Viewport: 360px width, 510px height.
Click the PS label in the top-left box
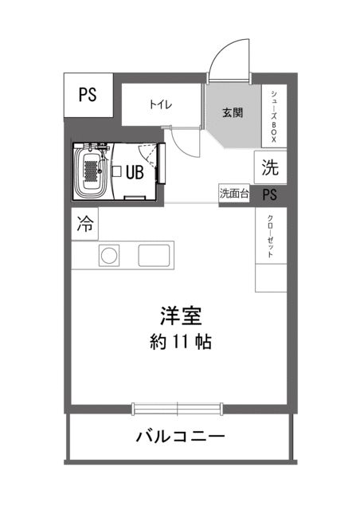click(87, 94)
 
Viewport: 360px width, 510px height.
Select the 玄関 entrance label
click(233, 112)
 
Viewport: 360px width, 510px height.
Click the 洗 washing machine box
click(270, 168)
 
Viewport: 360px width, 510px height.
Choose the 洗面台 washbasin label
click(234, 194)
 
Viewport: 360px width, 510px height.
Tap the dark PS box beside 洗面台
click(270, 194)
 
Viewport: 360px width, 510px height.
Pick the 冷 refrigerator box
click(84, 225)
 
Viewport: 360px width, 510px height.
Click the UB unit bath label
click(134, 171)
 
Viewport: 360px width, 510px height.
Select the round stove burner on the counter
click(108, 256)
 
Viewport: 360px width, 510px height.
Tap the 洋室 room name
click(179, 315)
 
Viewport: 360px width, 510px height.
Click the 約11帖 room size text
click(179, 343)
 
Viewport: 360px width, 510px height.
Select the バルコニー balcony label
click(180, 437)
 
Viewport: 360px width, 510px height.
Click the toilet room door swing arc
click(183, 143)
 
